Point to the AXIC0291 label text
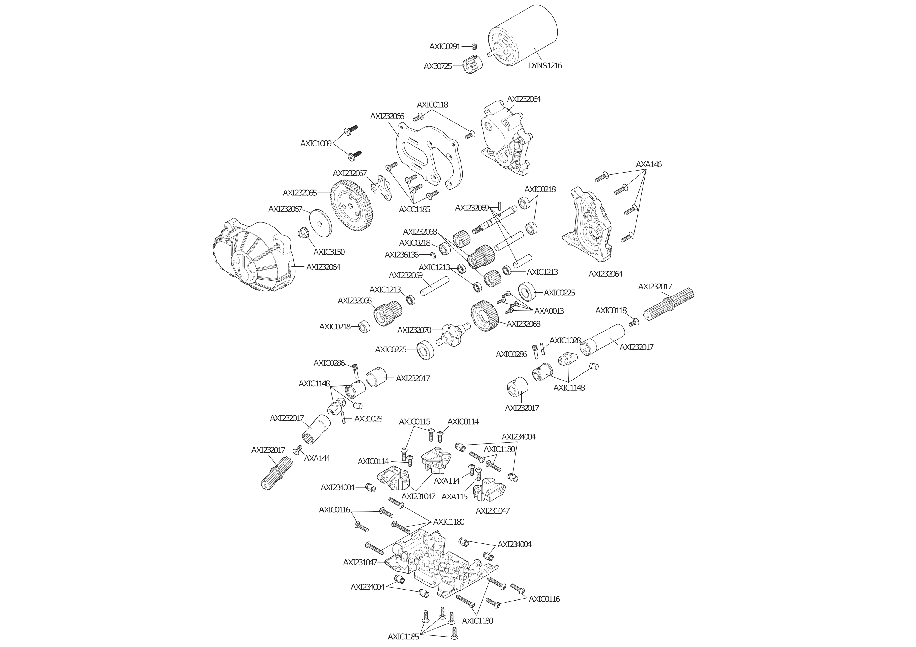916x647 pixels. click(445, 47)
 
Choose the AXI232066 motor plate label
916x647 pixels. click(387, 116)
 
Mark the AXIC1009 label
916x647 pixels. click(316, 144)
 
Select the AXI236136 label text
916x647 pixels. click(401, 255)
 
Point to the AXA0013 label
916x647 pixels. click(549, 311)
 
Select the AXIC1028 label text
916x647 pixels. click(565, 340)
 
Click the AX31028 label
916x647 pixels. click(368, 419)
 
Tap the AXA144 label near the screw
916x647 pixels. click(317, 458)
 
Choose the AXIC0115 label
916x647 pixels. click(415, 421)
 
